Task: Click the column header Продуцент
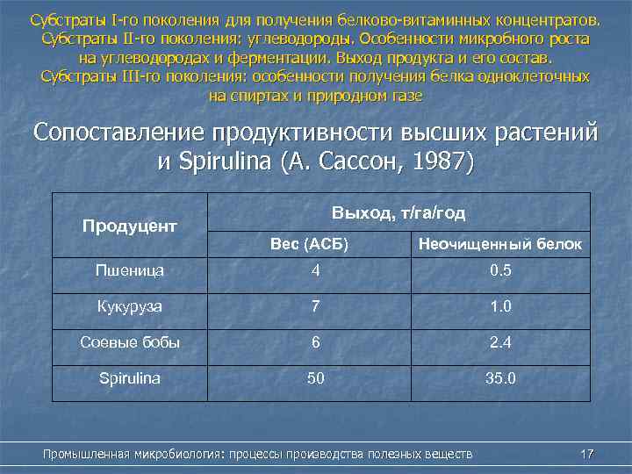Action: point(130,226)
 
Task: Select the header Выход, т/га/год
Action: point(399,213)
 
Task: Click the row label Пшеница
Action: point(130,270)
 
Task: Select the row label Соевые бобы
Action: point(130,342)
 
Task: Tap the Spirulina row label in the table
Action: point(130,378)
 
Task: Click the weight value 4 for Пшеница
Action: point(313,270)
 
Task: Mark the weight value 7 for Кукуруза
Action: point(313,306)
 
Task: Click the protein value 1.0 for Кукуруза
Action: point(500,306)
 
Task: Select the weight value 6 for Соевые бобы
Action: point(313,342)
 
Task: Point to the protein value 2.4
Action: point(500,342)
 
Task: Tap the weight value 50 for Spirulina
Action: point(313,378)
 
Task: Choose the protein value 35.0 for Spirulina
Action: point(500,378)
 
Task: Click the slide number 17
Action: point(587,454)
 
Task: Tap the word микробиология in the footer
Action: point(175,454)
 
